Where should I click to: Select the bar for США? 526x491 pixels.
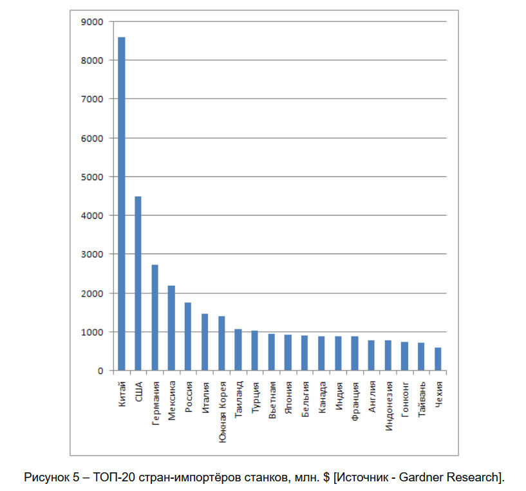point(138,284)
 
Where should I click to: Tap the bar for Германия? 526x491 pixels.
point(155,318)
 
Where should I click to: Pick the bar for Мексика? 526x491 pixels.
point(171,328)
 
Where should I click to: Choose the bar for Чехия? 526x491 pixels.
point(438,359)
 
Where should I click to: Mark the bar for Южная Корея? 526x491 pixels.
point(221,344)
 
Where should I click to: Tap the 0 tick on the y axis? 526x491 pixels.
point(100,371)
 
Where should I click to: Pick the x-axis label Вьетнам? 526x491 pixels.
point(272,396)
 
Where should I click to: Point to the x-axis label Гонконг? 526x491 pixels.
point(405,396)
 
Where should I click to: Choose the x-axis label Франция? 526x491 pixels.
point(355,396)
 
